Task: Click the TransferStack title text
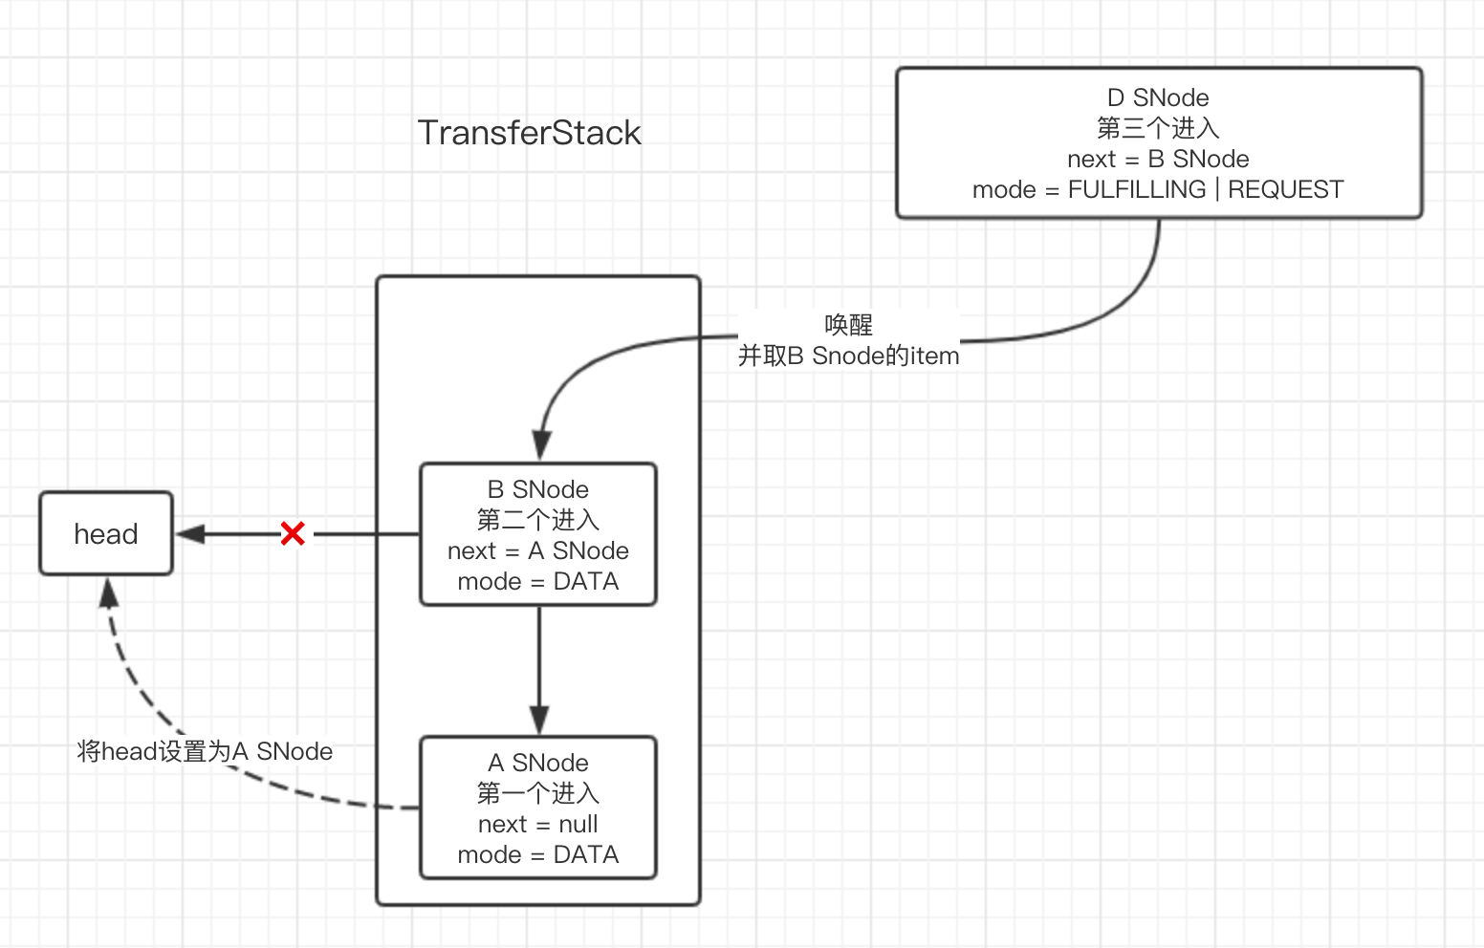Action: (529, 133)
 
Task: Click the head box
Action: (106, 533)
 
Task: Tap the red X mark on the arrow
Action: (293, 533)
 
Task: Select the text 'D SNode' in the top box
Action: (1158, 97)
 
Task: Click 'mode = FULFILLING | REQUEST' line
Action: (1158, 189)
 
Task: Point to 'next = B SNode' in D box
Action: (1158, 159)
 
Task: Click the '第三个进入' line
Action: (1158, 128)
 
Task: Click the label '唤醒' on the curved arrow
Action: (848, 325)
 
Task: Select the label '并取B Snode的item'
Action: (848, 355)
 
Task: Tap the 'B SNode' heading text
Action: (538, 489)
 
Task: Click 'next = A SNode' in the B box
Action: (538, 550)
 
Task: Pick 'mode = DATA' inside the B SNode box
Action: (538, 581)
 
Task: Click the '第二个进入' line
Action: (538, 520)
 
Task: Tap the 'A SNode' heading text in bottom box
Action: (538, 763)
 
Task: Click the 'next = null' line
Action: (538, 824)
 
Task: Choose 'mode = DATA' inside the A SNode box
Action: (538, 854)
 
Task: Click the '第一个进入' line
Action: (538, 793)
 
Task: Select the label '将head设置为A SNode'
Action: (205, 751)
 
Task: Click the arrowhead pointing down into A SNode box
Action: (539, 721)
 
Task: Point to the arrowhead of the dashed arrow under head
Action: (109, 592)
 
